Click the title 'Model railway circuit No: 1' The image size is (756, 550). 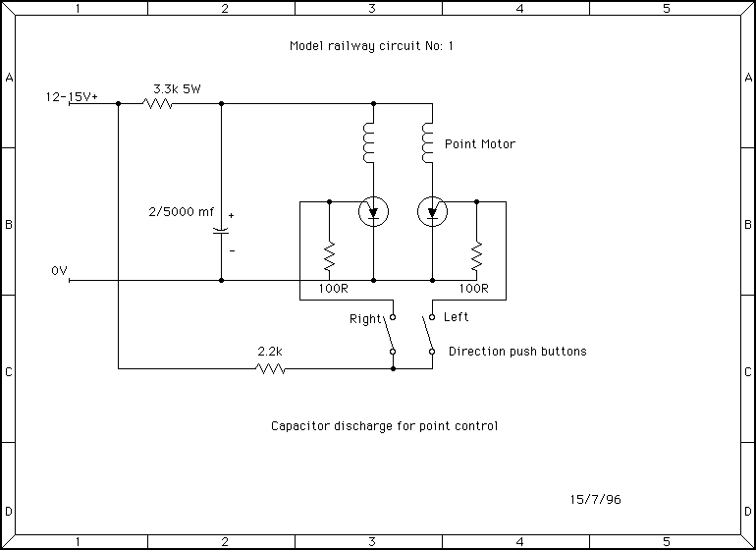372,46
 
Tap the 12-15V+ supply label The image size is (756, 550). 72,97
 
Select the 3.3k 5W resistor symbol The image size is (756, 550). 158,103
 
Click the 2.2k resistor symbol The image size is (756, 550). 270,369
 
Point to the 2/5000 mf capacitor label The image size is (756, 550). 180,210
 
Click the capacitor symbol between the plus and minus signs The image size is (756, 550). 221,232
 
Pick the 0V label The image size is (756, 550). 59,270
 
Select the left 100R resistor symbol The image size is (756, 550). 329,257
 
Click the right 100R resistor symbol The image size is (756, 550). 476,257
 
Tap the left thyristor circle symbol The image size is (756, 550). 373,211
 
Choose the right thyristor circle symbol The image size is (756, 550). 432,211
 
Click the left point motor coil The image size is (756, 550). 370,143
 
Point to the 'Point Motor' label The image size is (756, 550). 480,144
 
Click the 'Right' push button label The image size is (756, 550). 365,319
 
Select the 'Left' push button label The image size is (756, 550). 457,317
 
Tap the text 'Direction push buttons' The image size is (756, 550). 517,352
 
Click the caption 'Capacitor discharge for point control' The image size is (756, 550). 385,426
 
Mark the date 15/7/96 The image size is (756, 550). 595,499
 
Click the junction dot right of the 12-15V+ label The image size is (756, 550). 118,103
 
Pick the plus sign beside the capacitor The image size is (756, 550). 232,215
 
